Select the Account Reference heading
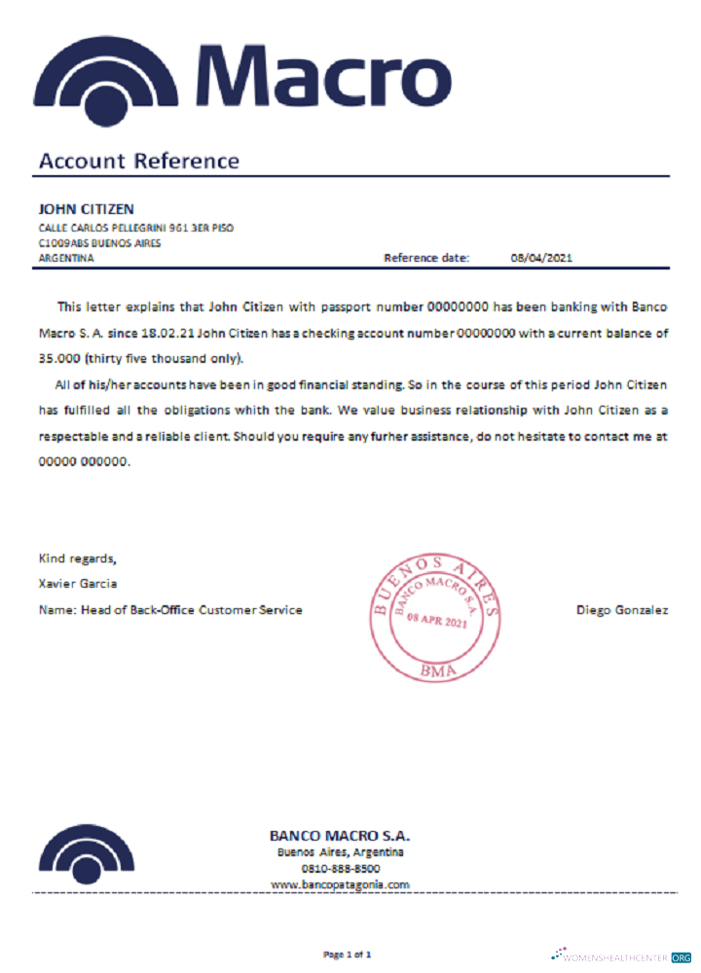point(138,162)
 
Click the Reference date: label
point(426,258)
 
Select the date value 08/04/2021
point(541,258)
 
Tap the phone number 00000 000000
point(84,463)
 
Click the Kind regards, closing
point(78,559)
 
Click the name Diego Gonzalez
point(622,610)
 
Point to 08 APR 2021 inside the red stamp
point(437,621)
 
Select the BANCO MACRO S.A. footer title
point(340,836)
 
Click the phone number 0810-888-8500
point(341,868)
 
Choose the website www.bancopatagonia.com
point(340,884)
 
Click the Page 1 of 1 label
point(348,955)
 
